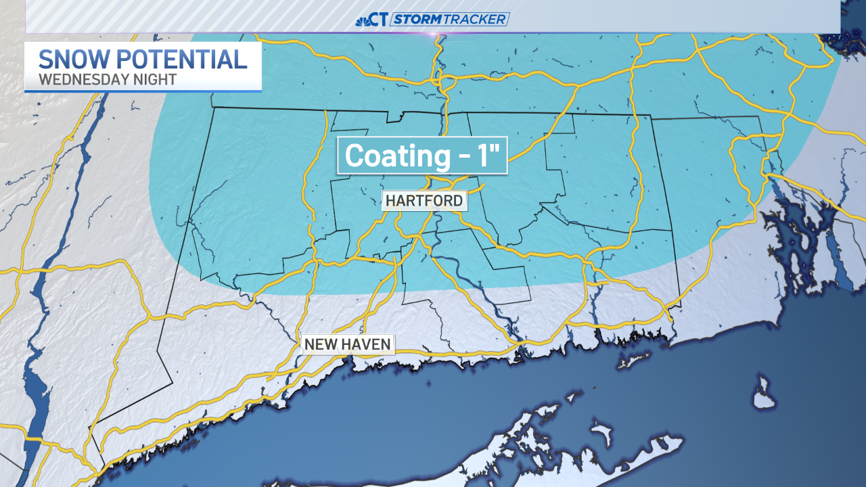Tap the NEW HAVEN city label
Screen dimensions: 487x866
[348, 344]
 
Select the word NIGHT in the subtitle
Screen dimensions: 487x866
[152, 79]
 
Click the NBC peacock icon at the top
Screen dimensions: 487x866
[363, 20]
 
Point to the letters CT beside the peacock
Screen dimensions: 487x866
[380, 20]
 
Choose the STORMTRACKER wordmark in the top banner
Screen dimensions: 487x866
[450, 20]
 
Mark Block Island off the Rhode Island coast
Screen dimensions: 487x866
[763, 394]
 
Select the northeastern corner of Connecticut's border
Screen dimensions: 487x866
[759, 117]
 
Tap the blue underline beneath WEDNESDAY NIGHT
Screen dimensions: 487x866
[143, 91]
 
